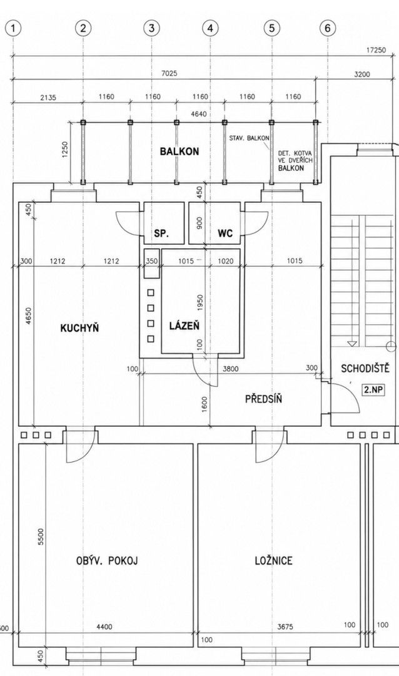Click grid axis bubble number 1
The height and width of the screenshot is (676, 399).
(x=14, y=28)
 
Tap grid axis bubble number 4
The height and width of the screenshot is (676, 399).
(x=210, y=28)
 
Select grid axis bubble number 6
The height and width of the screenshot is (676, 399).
(x=328, y=28)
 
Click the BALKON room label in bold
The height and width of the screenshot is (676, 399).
(x=179, y=151)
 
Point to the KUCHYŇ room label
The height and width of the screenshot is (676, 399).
(x=79, y=328)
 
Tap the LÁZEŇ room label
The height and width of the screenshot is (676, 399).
(x=184, y=326)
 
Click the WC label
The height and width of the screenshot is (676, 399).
(x=225, y=233)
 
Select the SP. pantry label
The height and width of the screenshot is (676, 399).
(x=161, y=233)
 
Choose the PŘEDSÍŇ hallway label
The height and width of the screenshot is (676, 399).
(x=264, y=398)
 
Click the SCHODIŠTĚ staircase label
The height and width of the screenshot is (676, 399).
(x=365, y=369)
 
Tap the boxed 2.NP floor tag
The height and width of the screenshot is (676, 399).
(x=373, y=390)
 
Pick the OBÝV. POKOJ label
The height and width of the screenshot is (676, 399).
(x=107, y=561)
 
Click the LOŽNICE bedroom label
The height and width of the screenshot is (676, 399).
(x=274, y=560)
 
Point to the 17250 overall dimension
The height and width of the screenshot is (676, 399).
(x=376, y=50)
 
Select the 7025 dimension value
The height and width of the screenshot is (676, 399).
(x=169, y=74)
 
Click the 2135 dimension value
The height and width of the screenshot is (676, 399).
(x=48, y=97)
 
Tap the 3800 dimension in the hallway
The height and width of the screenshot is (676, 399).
(x=231, y=369)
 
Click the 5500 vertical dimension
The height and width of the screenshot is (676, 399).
(x=41, y=537)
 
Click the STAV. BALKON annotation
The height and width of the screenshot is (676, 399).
(x=250, y=138)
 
